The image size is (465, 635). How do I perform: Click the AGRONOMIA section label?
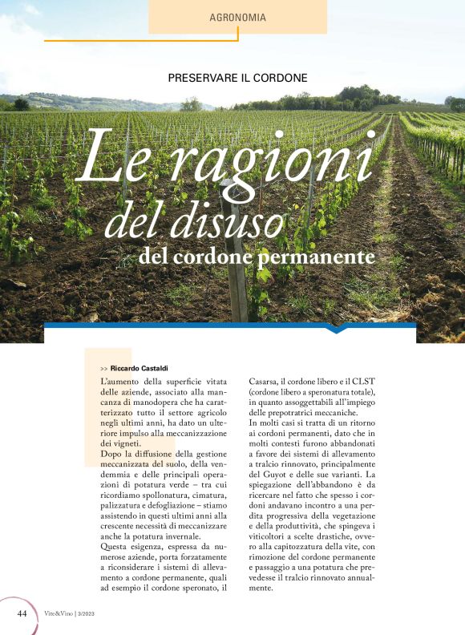click(x=237, y=17)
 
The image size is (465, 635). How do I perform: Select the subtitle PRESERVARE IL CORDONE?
click(x=238, y=78)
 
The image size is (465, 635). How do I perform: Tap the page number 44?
click(x=23, y=613)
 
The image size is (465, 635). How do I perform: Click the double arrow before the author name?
click(x=104, y=367)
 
